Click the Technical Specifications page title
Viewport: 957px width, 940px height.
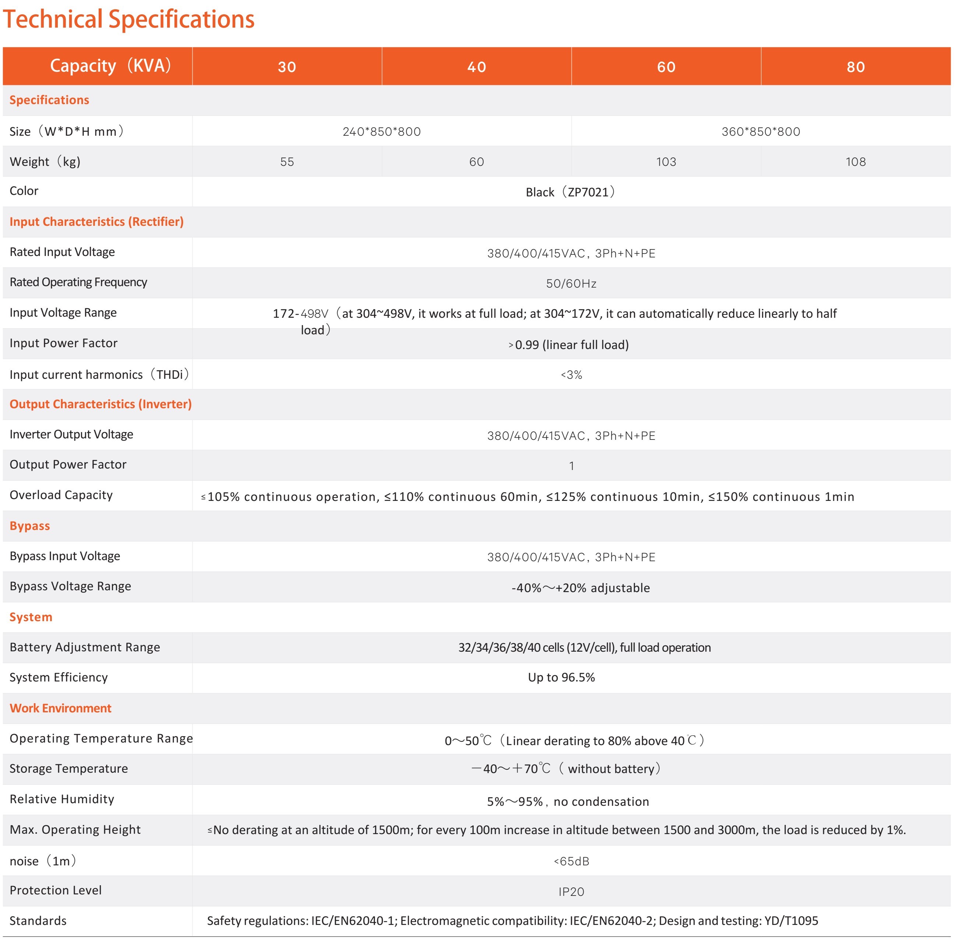[128, 20]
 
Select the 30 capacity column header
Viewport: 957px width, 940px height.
[287, 67]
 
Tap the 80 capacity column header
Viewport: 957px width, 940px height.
[855, 67]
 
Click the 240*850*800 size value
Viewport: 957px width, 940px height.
[381, 132]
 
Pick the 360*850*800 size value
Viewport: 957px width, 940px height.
[760, 132]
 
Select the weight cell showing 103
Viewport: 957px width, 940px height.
[665, 162]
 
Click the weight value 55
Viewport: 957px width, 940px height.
[287, 162]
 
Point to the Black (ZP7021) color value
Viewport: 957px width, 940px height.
[571, 192]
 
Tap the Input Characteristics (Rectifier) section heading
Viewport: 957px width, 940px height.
[96, 222]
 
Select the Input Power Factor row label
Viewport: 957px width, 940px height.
[63, 343]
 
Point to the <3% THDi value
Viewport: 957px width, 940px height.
[571, 375]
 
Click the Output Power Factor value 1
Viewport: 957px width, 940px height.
[571, 466]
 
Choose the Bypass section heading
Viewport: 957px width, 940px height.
[30, 526]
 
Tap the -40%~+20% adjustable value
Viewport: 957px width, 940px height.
[580, 588]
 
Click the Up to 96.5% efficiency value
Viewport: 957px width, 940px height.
[561, 677]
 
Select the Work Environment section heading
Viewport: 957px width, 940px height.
[60, 708]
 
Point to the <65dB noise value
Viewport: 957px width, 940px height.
[571, 861]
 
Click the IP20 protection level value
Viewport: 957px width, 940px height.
[571, 891]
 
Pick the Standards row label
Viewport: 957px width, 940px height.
[38, 921]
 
